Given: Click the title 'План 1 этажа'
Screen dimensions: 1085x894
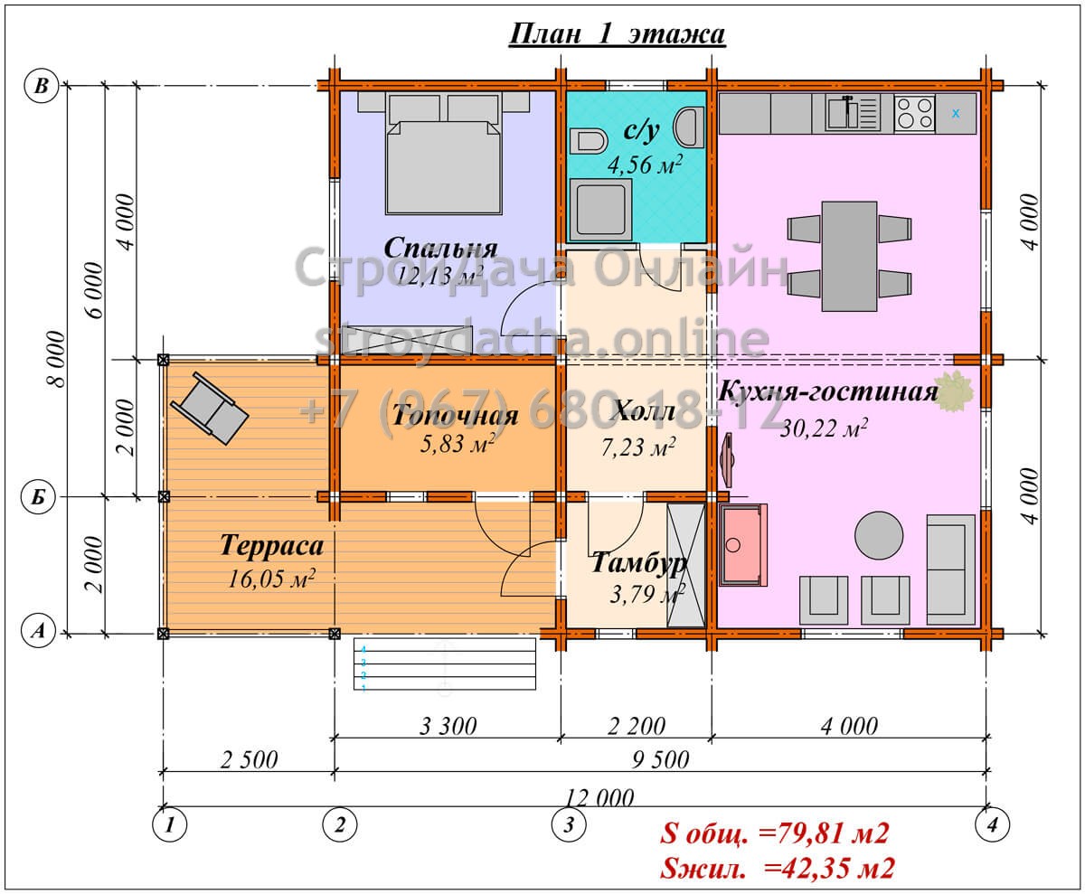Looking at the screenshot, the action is click(617, 34).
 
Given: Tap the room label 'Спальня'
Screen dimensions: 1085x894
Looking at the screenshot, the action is click(440, 249).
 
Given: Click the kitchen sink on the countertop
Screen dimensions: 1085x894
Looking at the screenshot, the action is click(853, 113).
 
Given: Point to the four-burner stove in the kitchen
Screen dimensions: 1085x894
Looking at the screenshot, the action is click(914, 113).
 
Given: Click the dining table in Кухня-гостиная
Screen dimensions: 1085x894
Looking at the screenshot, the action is click(849, 257).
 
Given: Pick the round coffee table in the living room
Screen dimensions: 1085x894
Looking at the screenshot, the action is click(879, 535).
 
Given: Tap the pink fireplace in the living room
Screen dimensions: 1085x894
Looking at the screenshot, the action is click(743, 544).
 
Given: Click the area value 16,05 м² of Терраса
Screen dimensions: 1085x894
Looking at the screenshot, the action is click(272, 579).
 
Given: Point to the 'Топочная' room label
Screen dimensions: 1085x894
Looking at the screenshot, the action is click(455, 416).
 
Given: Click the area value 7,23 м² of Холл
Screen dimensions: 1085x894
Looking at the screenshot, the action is click(638, 447).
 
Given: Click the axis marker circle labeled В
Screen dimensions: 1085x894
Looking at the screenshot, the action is click(41, 86).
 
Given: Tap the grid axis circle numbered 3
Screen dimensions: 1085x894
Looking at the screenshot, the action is click(569, 824).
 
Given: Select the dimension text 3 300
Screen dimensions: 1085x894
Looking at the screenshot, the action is click(448, 726).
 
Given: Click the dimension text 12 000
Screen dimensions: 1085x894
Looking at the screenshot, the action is click(599, 797).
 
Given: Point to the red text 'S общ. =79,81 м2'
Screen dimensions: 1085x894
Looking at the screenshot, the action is click(775, 833).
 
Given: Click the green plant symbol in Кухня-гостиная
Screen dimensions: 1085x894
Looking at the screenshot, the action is click(953, 391).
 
